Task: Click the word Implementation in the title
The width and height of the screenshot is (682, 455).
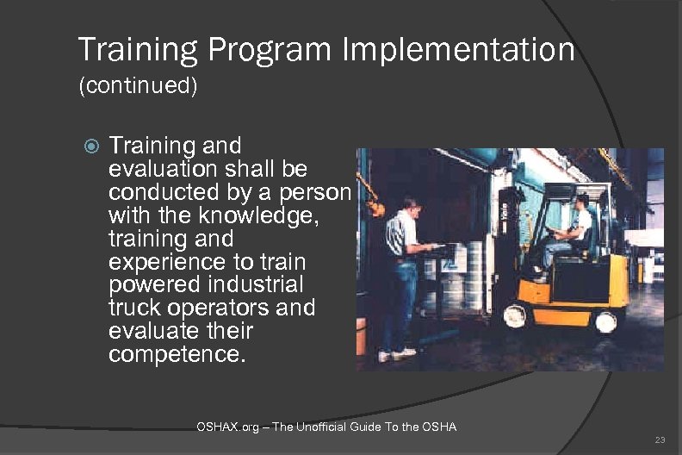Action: pyautogui.click(x=458, y=50)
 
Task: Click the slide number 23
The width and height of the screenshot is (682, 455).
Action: pyautogui.click(x=660, y=440)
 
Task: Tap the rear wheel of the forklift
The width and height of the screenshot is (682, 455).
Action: pyautogui.click(x=605, y=322)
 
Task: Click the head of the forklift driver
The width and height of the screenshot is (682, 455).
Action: pyautogui.click(x=582, y=202)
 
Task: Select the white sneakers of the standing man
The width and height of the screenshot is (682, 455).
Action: pyautogui.click(x=397, y=354)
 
